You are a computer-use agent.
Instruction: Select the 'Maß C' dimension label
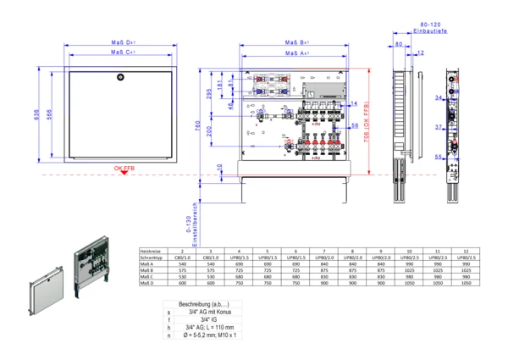[122, 53]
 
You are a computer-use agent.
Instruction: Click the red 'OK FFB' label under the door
[124, 169]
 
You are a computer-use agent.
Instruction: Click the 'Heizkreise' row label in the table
[152, 252]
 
